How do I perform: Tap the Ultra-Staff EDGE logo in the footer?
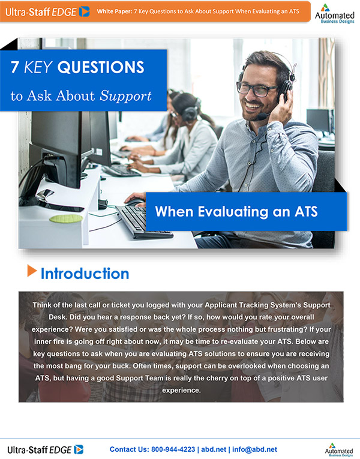point(46,449)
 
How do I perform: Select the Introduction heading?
point(85,274)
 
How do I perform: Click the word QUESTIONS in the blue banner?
point(109,67)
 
